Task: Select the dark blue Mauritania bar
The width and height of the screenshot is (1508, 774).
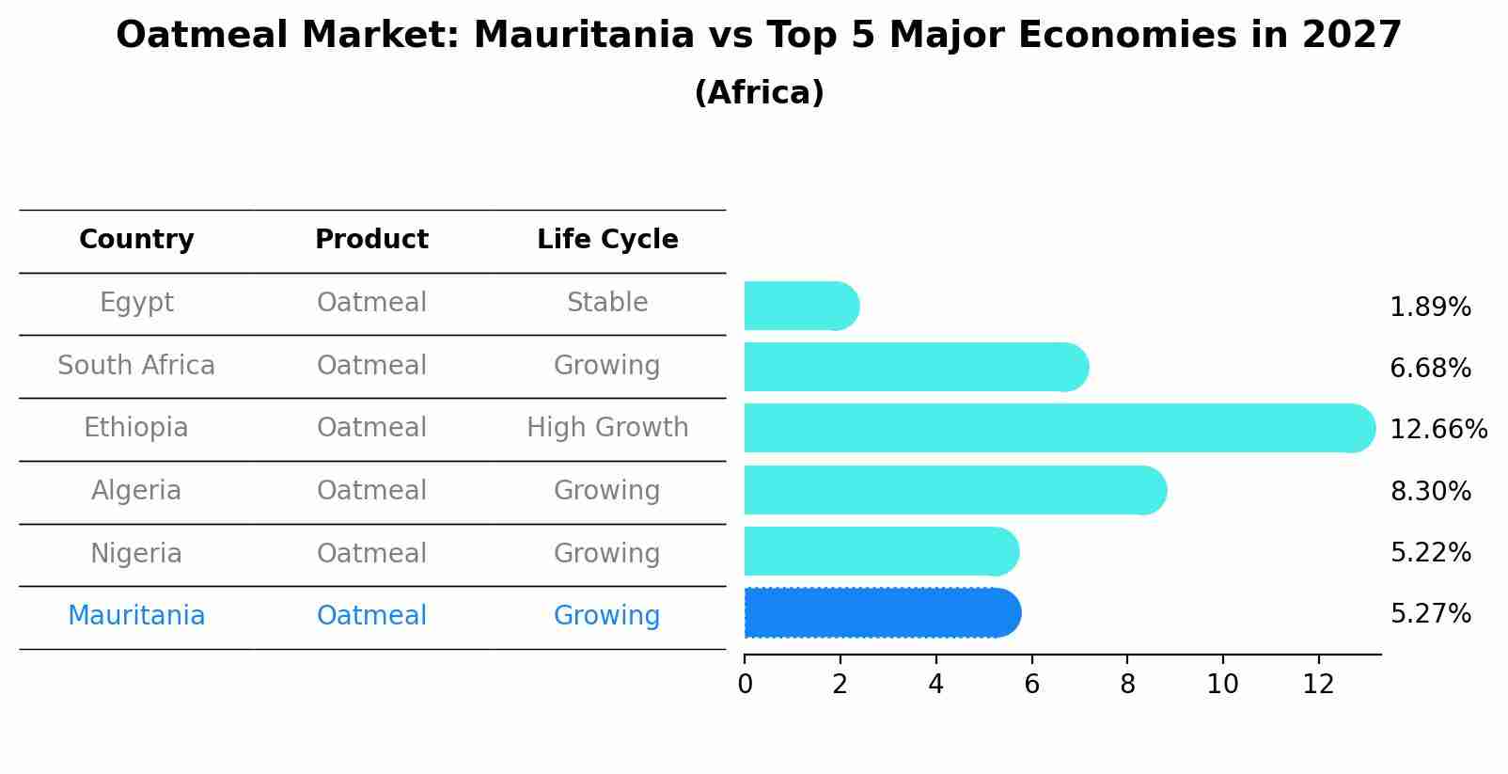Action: [882, 613]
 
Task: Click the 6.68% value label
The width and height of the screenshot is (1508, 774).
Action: [1430, 368]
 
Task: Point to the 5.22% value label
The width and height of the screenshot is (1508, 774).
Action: [1430, 552]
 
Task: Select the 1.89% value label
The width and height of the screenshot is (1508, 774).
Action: [1430, 307]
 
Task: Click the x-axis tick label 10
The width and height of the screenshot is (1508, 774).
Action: [1222, 685]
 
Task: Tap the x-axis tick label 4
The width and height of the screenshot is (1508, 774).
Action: [935, 685]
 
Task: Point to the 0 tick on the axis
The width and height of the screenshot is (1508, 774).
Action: [745, 685]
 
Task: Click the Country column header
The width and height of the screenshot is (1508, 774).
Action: [136, 240]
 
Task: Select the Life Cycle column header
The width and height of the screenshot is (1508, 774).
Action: [607, 240]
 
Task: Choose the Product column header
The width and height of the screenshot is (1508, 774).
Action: [371, 240]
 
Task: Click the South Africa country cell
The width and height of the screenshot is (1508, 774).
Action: [136, 365]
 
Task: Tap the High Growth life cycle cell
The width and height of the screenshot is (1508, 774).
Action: [607, 428]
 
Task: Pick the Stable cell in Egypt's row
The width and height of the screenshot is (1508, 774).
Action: [607, 303]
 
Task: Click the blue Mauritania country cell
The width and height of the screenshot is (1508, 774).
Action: [136, 615]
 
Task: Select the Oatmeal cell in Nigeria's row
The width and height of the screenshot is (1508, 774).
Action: [371, 553]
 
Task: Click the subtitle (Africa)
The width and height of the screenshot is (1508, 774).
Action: [759, 93]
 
